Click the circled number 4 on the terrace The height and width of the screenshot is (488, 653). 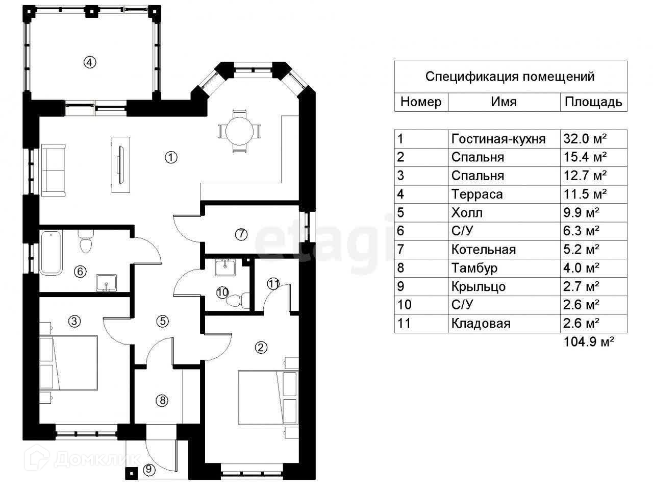pos(90,62)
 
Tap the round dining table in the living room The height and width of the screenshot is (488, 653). pos(239,131)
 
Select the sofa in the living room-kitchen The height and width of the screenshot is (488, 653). pos(53,170)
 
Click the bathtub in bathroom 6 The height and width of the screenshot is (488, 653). pos(51,253)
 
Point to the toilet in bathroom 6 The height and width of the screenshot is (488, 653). pos(86,241)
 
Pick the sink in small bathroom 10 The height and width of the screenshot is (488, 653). pos(225,267)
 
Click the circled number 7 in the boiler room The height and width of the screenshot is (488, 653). pos(241,234)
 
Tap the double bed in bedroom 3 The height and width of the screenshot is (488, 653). pos(69,363)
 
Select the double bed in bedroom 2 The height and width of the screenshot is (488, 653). pos(268,397)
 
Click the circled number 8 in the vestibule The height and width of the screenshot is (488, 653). pos(162,400)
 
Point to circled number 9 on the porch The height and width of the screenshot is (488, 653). pos(149,469)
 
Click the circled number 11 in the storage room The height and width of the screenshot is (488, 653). pos(273,283)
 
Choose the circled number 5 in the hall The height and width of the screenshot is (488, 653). pos(163,321)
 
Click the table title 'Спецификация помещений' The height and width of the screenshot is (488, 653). pos(510,77)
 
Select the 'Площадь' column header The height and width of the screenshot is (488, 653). pos(593,102)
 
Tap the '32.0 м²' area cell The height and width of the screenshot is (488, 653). pos(585,139)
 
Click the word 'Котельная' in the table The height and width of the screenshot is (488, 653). pos(484,249)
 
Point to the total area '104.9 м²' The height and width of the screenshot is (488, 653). pos(589,341)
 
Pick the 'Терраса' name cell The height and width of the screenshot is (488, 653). pos(477,194)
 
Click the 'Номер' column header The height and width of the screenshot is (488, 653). pos(421,102)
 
